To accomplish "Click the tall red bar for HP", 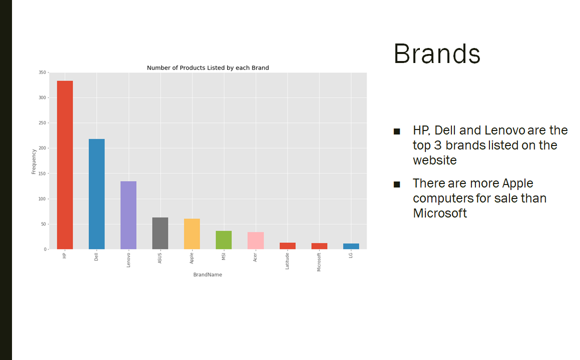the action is (x=65, y=165).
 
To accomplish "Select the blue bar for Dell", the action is (x=97, y=194).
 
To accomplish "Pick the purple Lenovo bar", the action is (x=128, y=215).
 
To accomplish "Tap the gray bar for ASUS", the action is (x=160, y=233).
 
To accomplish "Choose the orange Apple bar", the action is (x=192, y=233).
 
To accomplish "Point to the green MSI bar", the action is (x=224, y=240).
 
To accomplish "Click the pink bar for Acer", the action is (x=256, y=240).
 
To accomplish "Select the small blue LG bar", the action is (x=351, y=246).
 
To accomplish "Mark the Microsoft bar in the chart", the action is (x=319, y=246).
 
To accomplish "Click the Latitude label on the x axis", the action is (x=287, y=261).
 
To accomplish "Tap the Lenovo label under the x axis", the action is (x=128, y=260).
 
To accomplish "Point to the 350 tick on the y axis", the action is (x=42, y=72).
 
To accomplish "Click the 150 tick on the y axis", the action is (x=42, y=173).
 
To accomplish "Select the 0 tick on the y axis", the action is (x=45, y=249).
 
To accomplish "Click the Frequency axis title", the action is (x=34, y=161).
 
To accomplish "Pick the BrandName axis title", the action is (x=208, y=274).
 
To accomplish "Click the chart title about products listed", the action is (x=208, y=67).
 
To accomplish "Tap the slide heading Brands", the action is (x=437, y=54).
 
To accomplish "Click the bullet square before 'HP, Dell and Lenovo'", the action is (x=397, y=131).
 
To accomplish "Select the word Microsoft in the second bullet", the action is (x=440, y=213).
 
